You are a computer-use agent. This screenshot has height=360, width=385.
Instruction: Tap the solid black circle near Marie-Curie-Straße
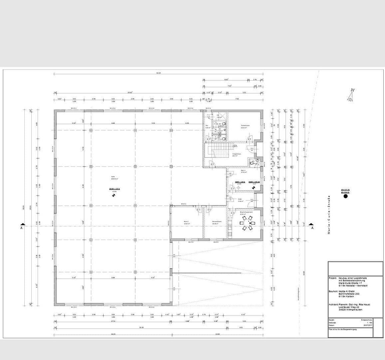(x=345, y=196)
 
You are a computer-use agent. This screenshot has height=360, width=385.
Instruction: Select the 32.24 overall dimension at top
(x=158, y=73)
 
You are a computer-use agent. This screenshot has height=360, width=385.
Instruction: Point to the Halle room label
(x=113, y=177)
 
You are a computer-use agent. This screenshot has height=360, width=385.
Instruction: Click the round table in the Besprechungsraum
(x=247, y=223)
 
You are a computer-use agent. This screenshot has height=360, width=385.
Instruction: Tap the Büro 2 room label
(x=187, y=222)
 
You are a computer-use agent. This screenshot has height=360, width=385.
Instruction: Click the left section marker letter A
(x=22, y=228)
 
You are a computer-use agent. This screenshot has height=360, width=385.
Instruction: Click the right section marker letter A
(x=312, y=228)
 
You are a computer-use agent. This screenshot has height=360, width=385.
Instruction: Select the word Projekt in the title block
(x=333, y=278)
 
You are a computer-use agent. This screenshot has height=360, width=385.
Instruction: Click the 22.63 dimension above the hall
(x=130, y=93)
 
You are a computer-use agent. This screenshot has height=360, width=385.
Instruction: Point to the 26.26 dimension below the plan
(x=141, y=327)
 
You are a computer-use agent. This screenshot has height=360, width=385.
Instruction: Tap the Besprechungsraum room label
(x=246, y=212)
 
